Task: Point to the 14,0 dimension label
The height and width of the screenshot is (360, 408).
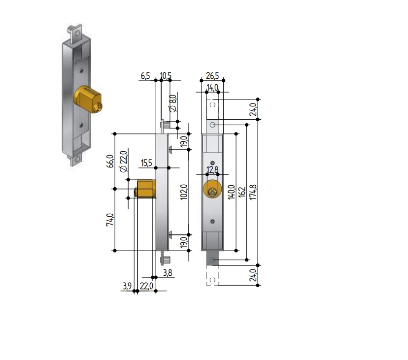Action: point(212,88)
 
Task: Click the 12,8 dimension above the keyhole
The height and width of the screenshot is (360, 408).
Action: point(212,170)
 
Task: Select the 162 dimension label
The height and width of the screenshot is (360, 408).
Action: point(242,191)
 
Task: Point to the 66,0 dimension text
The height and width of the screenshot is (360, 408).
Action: point(110,162)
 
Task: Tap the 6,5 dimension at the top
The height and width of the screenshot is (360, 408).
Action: point(145,76)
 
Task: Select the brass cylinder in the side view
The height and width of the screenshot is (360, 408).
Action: point(145,189)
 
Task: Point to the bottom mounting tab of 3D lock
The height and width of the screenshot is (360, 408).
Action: point(76,160)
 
